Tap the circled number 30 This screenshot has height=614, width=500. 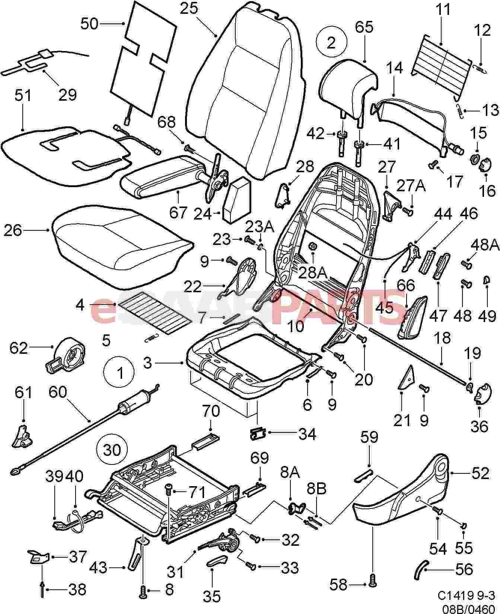(x=112, y=450)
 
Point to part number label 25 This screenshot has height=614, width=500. (x=189, y=8)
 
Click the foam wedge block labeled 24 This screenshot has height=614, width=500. (x=236, y=199)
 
